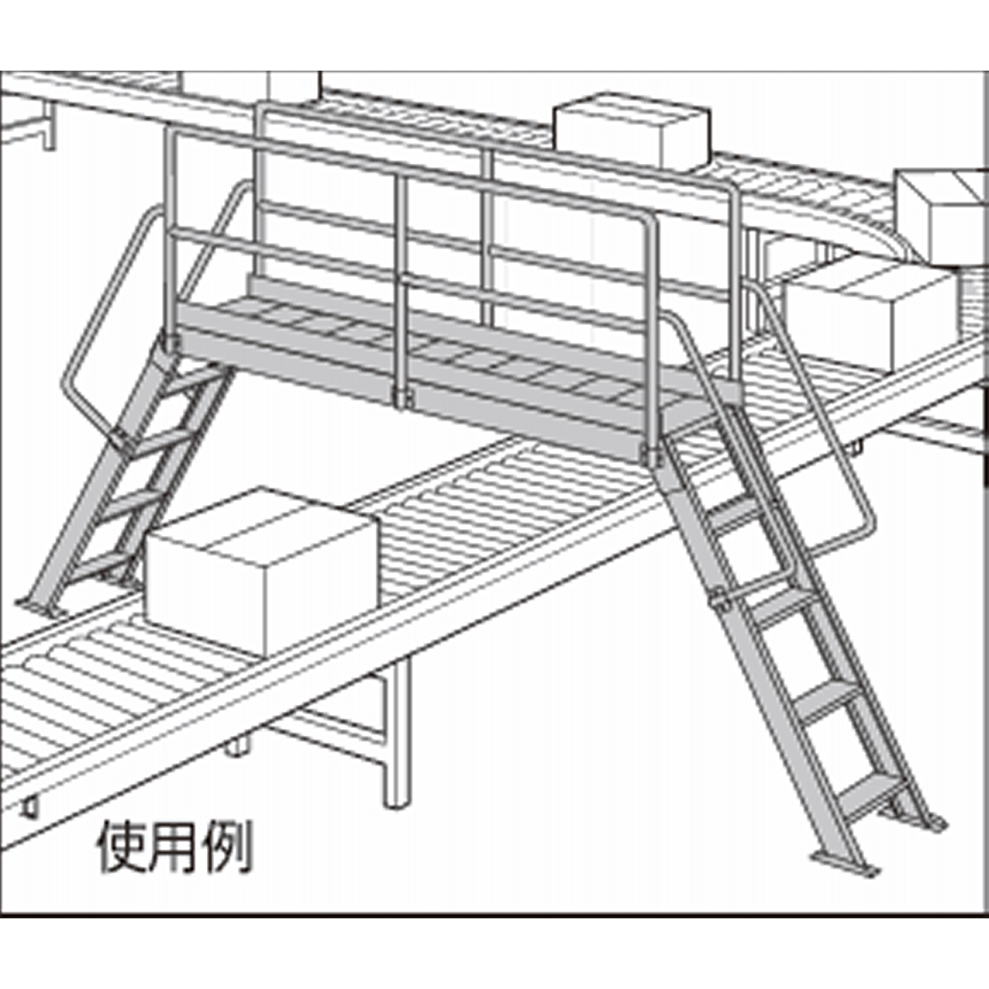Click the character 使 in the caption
coord(122,846)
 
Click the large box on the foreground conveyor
coord(261,565)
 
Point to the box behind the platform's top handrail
coord(631,131)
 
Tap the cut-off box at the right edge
coord(943,212)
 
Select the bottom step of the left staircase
coord(99,562)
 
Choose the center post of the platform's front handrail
coord(401,283)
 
